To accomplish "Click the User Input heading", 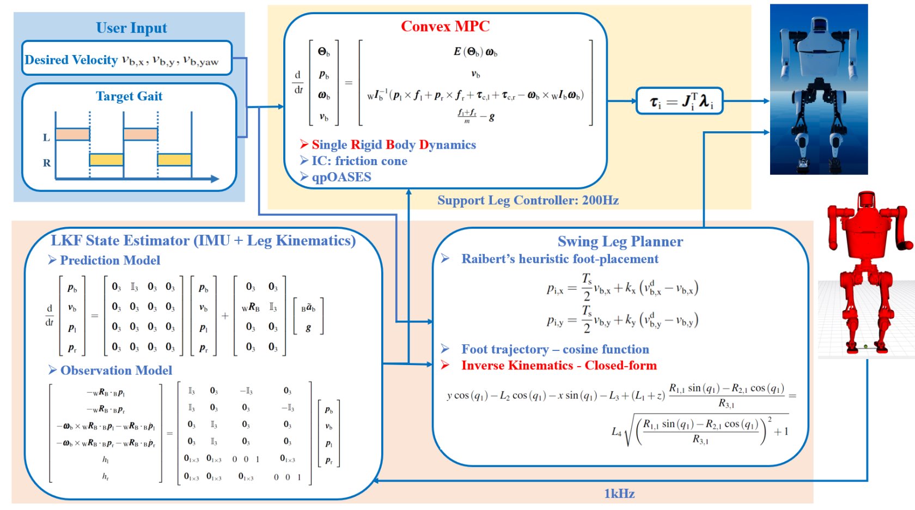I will (131, 28).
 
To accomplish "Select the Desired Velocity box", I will (127, 58).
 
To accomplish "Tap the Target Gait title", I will (129, 96).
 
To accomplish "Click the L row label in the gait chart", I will (46, 137).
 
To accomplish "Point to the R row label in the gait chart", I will (47, 163).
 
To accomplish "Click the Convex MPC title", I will (445, 26).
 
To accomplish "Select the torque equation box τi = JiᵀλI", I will (680, 101).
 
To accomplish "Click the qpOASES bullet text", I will (341, 177).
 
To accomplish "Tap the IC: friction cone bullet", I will (359, 161).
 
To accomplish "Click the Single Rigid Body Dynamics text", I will (393, 145).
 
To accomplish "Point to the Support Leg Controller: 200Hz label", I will (528, 201).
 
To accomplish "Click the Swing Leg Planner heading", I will (620, 241).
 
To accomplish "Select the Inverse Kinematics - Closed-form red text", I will (559, 366).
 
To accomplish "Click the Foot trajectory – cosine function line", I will (555, 349).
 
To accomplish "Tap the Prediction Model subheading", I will (109, 260).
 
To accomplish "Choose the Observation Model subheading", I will (116, 371).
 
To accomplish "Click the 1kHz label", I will (619, 494).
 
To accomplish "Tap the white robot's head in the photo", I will (819, 25).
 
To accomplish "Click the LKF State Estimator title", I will (203, 241).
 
